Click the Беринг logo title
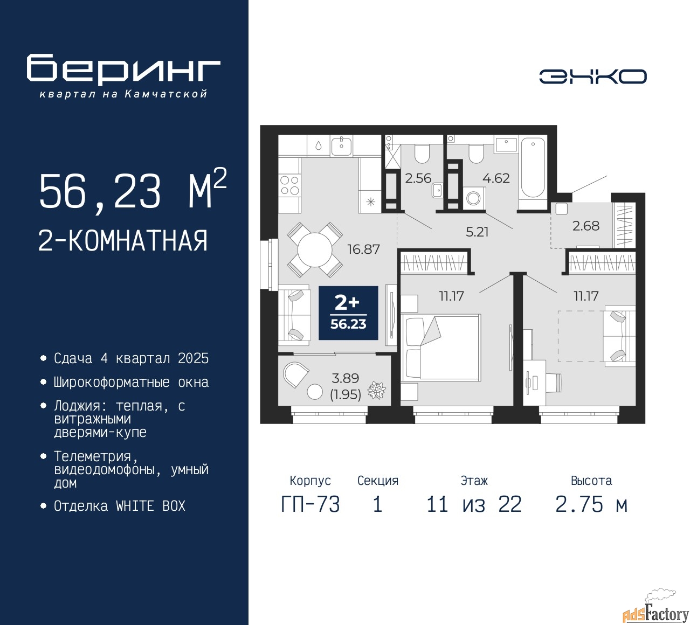(123, 70)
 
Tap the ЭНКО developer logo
(592, 77)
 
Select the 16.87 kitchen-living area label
(363, 249)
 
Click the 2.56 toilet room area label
(418, 178)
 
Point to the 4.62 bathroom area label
(496, 178)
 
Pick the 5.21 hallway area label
(477, 232)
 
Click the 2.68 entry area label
(585, 226)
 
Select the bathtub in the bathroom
(533, 167)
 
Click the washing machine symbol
(473, 198)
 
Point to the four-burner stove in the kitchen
(289, 185)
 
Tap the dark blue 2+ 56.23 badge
(348, 313)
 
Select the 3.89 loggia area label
(346, 379)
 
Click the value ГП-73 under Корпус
(310, 505)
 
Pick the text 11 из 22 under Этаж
(474, 505)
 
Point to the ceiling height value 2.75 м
(591, 505)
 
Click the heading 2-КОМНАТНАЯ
(123, 241)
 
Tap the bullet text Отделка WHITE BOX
(119, 506)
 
